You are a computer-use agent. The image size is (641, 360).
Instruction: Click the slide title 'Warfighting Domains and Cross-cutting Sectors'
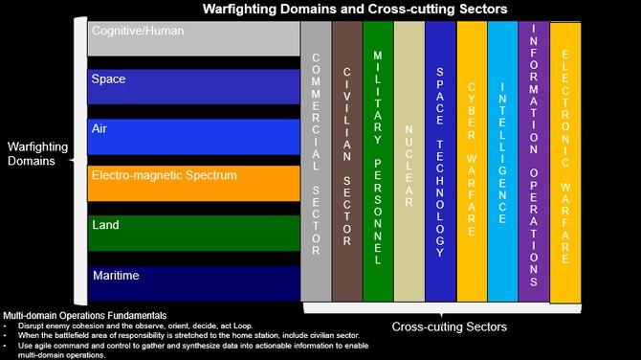click(354, 10)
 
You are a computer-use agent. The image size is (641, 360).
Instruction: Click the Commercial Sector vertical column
click(316, 161)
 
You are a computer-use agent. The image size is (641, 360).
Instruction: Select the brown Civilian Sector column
click(346, 161)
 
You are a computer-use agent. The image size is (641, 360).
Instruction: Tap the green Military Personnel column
click(378, 161)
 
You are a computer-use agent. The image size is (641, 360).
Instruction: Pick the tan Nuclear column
click(409, 161)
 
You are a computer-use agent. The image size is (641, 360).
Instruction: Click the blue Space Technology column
click(440, 161)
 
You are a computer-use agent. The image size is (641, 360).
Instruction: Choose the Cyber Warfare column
click(472, 161)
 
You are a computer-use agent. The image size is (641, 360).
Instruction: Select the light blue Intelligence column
click(502, 161)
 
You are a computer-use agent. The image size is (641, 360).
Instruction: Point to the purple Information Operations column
click(533, 161)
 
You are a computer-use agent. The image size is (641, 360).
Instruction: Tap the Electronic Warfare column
click(565, 161)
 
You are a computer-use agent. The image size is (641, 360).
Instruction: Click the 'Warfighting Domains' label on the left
click(37, 153)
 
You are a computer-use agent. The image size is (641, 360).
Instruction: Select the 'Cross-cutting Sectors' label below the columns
click(449, 327)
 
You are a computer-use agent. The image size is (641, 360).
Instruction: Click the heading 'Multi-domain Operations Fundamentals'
click(85, 315)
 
